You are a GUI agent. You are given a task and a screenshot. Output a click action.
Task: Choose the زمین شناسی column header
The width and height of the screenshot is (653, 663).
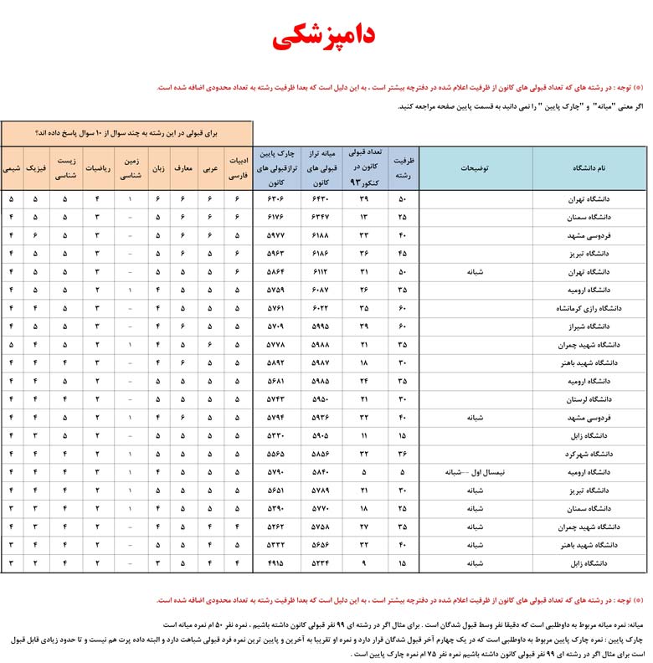point(131,167)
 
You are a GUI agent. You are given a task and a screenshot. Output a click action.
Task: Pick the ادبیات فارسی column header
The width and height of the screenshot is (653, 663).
point(238,167)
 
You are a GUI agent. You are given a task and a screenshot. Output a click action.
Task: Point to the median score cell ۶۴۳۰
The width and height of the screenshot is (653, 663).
point(321,199)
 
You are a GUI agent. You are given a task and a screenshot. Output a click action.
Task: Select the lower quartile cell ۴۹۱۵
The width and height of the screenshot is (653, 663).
point(275,563)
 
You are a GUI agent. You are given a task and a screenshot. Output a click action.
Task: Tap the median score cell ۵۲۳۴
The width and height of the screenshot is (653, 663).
point(321,563)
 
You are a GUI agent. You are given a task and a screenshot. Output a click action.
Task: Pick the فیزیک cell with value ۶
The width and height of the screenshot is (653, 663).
point(35,235)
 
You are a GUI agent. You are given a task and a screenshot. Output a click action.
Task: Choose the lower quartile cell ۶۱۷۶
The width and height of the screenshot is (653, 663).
point(275,218)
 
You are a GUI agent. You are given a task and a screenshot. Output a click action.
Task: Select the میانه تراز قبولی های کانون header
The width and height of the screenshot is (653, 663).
point(321,167)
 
